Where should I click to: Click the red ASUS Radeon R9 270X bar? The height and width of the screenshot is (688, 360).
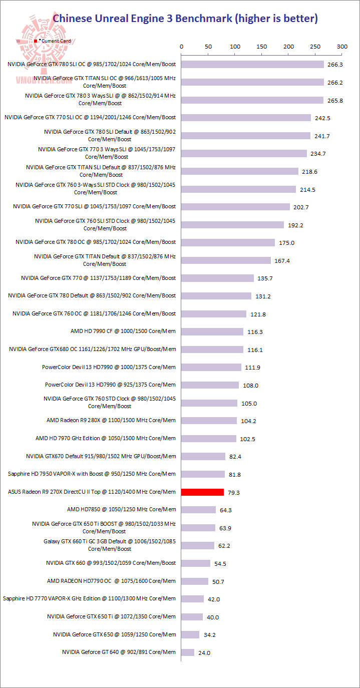pyautogui.click(x=202, y=492)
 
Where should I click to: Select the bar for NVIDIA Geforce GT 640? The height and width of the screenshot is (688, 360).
pyautogui.click(x=188, y=652)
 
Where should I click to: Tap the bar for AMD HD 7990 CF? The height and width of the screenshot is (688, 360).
pyautogui.click(x=212, y=331)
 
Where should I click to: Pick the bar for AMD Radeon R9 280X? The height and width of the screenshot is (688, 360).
pyautogui.click(x=209, y=421)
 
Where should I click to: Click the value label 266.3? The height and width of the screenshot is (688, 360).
pyautogui.click(x=334, y=65)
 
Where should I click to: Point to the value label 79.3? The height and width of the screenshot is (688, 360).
pyautogui.click(x=233, y=493)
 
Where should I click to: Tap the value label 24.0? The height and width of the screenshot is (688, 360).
pyautogui.click(x=204, y=653)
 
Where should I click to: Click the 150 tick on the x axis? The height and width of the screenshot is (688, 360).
pyautogui.click(x=261, y=47)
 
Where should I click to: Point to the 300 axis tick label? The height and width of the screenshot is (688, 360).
pyautogui.click(x=342, y=47)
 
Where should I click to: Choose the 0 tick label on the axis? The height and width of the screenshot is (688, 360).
pyautogui.click(x=181, y=47)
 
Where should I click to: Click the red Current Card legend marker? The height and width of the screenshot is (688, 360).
pyautogui.click(x=36, y=41)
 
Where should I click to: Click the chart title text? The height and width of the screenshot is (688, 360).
pyautogui.click(x=185, y=19)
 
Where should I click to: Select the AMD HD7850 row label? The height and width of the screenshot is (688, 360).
pyautogui.click(x=122, y=509)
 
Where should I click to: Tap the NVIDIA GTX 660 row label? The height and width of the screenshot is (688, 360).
pyautogui.click(x=111, y=563)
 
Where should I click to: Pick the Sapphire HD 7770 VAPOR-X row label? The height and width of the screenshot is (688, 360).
pyautogui.click(x=89, y=598)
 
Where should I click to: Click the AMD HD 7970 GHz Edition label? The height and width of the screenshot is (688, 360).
pyautogui.click(x=106, y=438)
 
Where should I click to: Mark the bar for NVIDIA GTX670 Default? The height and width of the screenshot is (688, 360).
pyautogui.click(x=203, y=456)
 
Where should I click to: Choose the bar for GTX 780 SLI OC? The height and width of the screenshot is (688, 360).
pyautogui.click(x=252, y=64)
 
